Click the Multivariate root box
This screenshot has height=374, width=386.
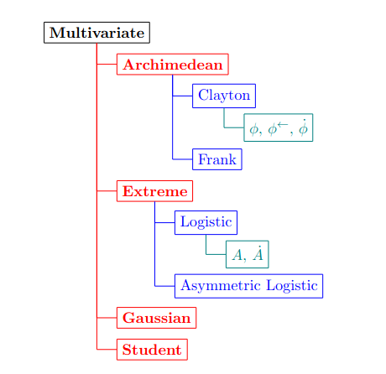(96, 33)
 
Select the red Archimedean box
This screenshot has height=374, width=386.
(173, 65)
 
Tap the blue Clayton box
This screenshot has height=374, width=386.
(224, 96)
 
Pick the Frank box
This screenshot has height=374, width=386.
(217, 159)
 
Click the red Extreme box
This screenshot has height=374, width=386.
(154, 191)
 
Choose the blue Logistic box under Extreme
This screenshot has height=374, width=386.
(206, 222)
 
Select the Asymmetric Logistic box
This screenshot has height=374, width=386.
(248, 286)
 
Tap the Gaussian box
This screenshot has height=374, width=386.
(156, 318)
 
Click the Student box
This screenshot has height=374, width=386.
(152, 350)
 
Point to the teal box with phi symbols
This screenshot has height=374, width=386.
(279, 127)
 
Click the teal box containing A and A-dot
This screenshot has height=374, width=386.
(248, 254)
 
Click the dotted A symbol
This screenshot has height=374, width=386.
(258, 253)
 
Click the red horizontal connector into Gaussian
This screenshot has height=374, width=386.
(107, 318)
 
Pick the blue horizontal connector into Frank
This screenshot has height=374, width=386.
(182, 159)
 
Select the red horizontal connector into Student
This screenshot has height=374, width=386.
(107, 350)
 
